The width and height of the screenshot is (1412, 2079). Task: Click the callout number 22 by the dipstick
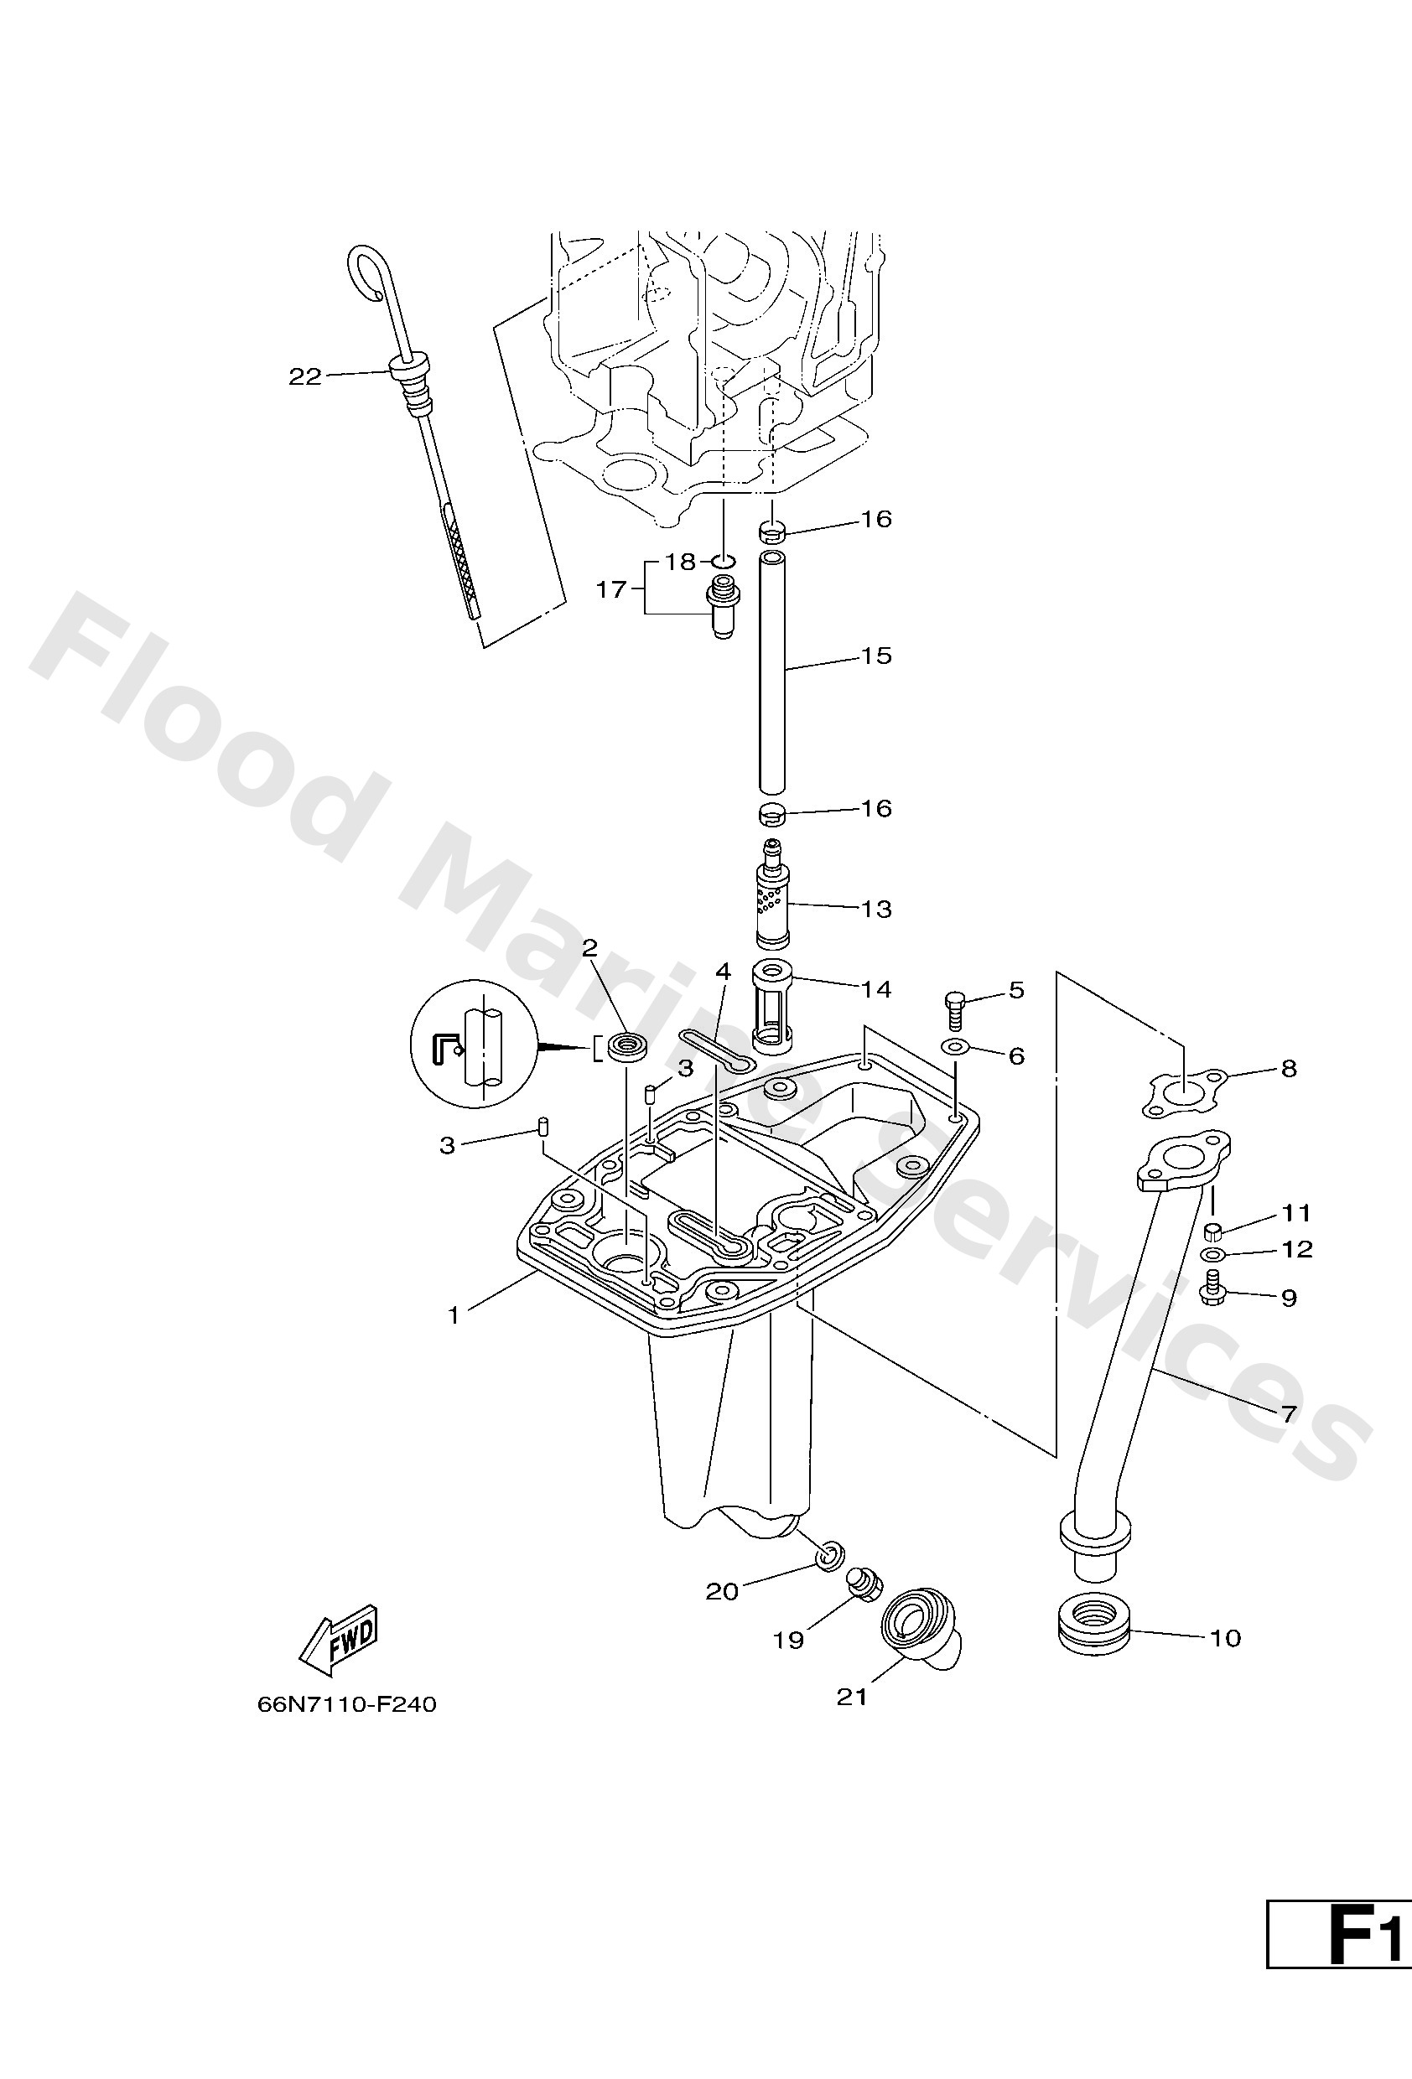point(304,376)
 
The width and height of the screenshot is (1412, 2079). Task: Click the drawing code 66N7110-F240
point(346,1704)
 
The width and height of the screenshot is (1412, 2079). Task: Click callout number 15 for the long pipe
point(876,656)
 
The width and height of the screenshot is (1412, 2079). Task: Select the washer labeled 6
point(956,1047)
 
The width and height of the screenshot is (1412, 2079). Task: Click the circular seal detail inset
point(474,1044)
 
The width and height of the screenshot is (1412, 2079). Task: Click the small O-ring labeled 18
point(723,562)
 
